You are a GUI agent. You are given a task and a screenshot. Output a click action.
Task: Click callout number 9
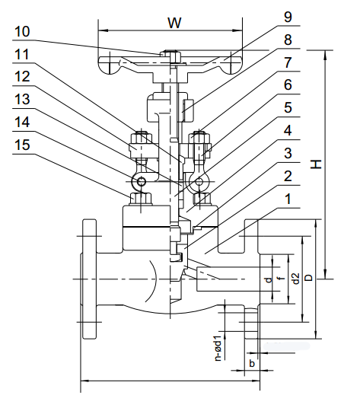point(287,15)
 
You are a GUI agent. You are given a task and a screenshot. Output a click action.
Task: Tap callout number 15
point(22,142)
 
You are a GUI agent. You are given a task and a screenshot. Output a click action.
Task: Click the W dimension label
point(174,23)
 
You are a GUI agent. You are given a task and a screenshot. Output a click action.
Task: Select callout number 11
point(22,55)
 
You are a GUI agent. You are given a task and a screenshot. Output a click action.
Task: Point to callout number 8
point(287,38)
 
